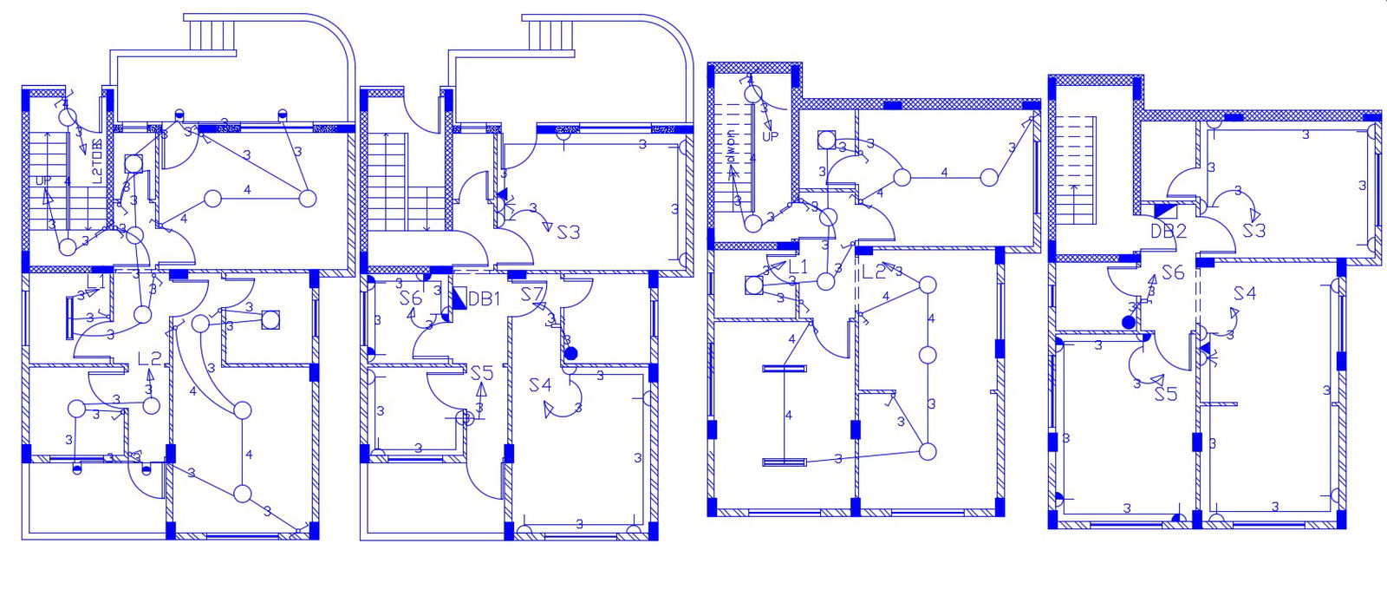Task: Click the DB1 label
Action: coord(485,299)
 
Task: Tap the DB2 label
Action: coord(1169,231)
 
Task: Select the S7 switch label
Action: coord(531,295)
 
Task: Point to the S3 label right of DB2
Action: coord(1254,231)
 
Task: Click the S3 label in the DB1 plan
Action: coord(569,233)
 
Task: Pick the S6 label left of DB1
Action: coord(411,298)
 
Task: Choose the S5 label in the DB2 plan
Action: coord(1166,394)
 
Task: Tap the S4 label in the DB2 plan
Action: coord(1245,294)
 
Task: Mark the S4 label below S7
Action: coord(540,384)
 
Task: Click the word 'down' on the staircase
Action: coord(731,148)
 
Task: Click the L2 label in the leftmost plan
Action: coord(150,358)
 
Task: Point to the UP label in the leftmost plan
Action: coord(42,180)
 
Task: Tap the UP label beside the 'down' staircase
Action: coord(771,136)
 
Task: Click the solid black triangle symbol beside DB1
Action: coord(459,298)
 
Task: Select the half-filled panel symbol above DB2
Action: coord(1165,209)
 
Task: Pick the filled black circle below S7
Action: coord(570,353)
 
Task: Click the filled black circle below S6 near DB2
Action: coord(1128,322)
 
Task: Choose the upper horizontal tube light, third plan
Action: coord(784,369)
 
